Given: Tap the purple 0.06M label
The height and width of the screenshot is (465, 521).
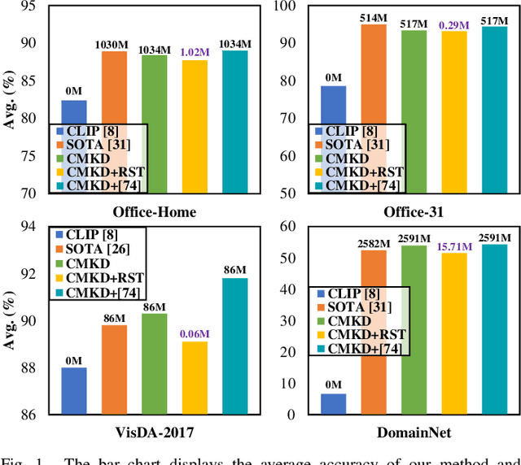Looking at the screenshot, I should (194, 332).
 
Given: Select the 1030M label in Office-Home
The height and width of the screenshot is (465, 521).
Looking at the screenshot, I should (114, 42).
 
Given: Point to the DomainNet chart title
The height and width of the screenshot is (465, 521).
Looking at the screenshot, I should (414, 433).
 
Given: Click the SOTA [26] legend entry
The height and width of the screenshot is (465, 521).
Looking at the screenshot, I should (96, 249).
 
